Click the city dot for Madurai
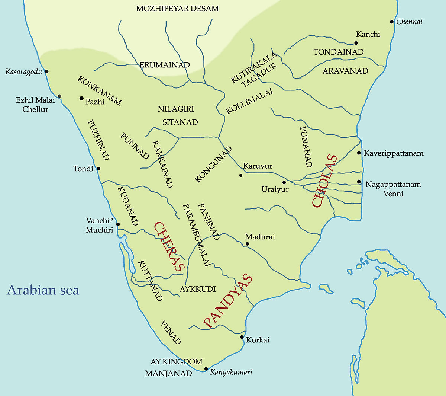(247, 244)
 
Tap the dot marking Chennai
(392, 22)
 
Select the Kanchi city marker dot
(356, 43)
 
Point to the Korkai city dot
(242, 337)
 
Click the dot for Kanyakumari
(206, 369)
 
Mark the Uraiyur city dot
(284, 182)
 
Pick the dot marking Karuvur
(241, 175)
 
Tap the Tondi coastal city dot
(98, 169)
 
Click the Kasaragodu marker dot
(46, 71)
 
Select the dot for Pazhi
(81, 98)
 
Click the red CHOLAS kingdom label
(324, 181)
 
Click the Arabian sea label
(43, 290)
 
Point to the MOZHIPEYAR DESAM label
(177, 8)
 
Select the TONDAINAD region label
(338, 52)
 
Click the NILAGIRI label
(176, 109)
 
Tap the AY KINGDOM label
(177, 362)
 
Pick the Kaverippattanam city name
(394, 153)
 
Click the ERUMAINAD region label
(165, 65)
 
